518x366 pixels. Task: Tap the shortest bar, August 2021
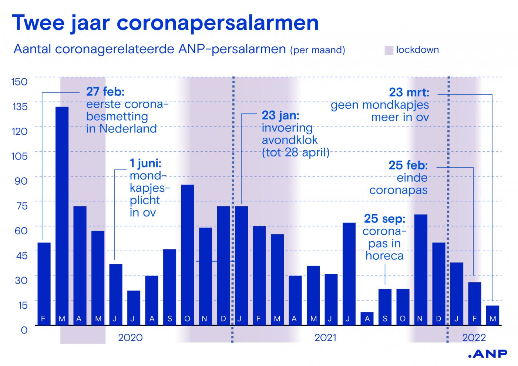[x=367, y=319]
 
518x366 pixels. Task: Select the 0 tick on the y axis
[x=24, y=330]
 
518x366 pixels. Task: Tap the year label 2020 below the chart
[x=130, y=338]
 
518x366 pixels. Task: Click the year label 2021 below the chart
[x=326, y=338]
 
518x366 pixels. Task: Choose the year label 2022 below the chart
[x=474, y=338]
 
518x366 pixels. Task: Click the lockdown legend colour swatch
[x=388, y=50]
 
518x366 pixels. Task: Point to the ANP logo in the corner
[x=487, y=354]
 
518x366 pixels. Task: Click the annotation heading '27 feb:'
[x=105, y=91]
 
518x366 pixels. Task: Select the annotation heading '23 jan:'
[x=280, y=115]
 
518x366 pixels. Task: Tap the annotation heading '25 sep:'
[x=384, y=219]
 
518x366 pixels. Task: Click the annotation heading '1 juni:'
[x=145, y=163]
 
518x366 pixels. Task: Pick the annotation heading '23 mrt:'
[x=409, y=92]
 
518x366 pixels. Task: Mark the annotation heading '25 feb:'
[x=408, y=165]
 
